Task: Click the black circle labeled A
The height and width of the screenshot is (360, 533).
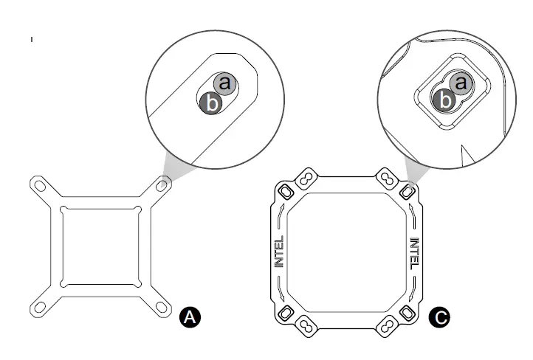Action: pyautogui.click(x=190, y=317)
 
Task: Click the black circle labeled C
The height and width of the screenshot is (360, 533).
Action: pyautogui.click(x=440, y=318)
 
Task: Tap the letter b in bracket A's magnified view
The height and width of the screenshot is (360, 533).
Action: pyautogui.click(x=211, y=103)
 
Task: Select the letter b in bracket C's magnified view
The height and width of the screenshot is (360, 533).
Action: pyautogui.click(x=444, y=99)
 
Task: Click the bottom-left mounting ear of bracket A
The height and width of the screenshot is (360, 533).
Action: pyautogui.click(x=37, y=307)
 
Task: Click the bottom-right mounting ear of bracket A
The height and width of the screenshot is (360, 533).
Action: pyautogui.click(x=163, y=307)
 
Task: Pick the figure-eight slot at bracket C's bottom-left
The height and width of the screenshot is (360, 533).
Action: pyautogui.click(x=304, y=325)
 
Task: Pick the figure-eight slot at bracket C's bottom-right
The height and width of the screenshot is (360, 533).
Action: pyautogui.click(x=387, y=325)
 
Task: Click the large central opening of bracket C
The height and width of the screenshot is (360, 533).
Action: pyautogui.click(x=347, y=252)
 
